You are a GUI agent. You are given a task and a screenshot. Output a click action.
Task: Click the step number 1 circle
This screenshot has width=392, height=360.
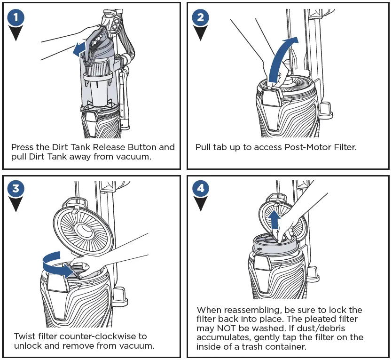tap(16, 18)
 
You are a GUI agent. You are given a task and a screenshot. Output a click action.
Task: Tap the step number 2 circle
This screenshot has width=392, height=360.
tap(201, 18)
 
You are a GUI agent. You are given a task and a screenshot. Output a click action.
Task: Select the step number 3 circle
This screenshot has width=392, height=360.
tap(16, 189)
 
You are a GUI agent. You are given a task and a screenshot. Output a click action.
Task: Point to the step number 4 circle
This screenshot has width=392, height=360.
tap(201, 189)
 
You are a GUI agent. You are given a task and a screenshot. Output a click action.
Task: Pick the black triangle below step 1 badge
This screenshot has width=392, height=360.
tap(16, 34)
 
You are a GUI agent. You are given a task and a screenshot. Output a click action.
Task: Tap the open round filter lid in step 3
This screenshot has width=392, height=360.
tap(82, 230)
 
